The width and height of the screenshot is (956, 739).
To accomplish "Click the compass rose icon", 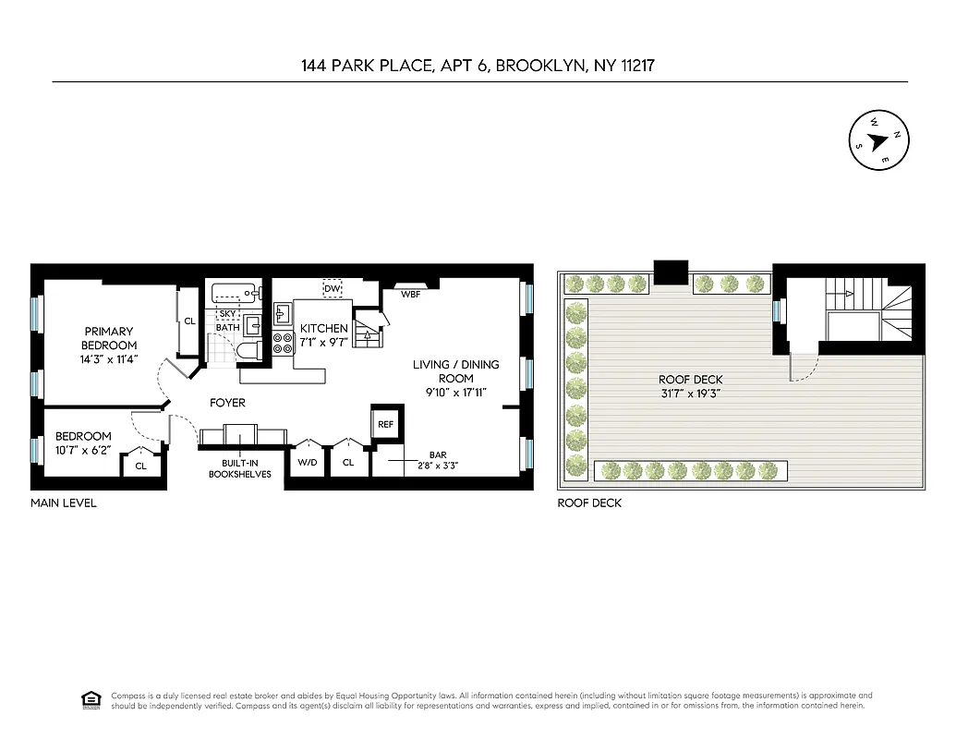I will point(876,141).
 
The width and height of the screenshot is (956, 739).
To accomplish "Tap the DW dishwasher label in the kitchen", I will point(333,289).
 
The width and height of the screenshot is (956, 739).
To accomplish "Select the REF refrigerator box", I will point(384,423).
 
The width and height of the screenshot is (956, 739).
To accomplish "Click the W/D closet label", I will point(306,462).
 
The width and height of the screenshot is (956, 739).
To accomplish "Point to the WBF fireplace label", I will point(411,295).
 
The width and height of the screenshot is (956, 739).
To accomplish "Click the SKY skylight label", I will point(227,314).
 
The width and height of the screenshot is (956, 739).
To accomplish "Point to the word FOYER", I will point(227,403).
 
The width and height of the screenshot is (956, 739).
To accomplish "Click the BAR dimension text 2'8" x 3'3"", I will point(437,466).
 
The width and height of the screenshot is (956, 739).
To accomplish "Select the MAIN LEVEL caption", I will point(63,503).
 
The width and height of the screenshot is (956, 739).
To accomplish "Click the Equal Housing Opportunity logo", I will point(91,698).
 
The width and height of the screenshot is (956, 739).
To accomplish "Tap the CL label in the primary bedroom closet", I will point(189,321).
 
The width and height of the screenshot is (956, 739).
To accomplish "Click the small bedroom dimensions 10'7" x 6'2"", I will point(83,451).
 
